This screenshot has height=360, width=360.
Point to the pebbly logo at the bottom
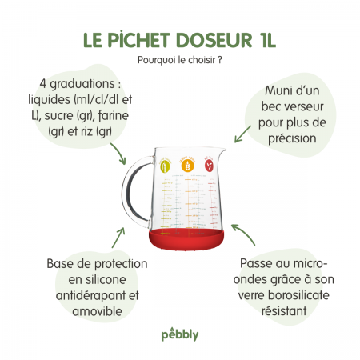click(179, 332)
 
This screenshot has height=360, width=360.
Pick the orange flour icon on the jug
click(189, 165)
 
